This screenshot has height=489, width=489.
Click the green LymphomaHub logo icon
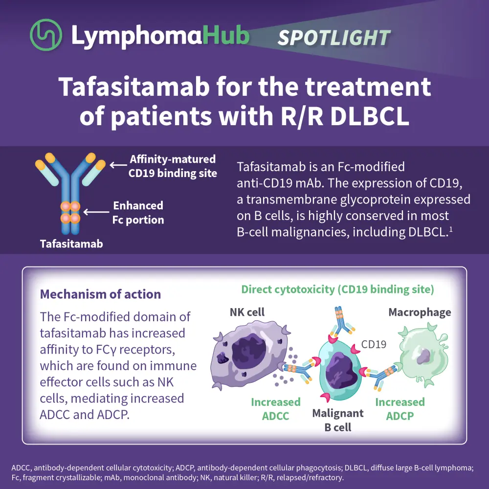coord(46,36)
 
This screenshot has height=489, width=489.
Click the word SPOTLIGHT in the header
coord(334,38)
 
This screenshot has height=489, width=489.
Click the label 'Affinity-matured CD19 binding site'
coord(173,166)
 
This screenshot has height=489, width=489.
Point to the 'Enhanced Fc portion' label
coord(138,212)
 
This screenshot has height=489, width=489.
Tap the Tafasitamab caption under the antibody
coord(71,243)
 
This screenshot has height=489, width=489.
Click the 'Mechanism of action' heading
coord(100,294)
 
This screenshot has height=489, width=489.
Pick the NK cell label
coord(247,312)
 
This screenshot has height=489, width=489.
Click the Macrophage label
coord(420,312)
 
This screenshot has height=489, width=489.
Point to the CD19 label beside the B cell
coord(374,344)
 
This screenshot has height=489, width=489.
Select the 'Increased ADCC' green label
coord(276,409)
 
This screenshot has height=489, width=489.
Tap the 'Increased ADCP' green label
coord(400,409)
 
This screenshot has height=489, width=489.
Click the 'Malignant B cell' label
coord(338,420)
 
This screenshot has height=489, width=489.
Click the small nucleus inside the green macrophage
coord(423,356)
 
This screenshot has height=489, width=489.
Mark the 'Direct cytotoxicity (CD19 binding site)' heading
coord(337,289)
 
